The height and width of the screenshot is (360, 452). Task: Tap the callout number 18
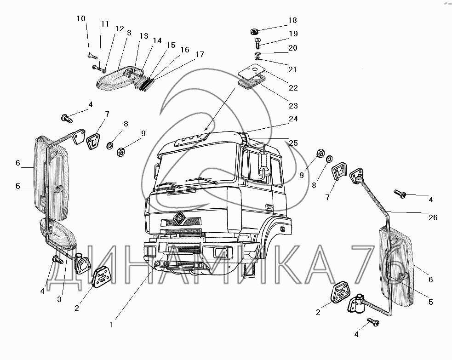[292, 21]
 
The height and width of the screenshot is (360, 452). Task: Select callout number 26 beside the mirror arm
[432, 217]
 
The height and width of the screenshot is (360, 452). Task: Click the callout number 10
[81, 19]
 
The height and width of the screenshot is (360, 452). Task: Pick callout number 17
[199, 54]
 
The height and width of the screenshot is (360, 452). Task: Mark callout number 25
[293, 143]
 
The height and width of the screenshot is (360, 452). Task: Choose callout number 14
[157, 40]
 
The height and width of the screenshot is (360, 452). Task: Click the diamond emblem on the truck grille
[179, 217]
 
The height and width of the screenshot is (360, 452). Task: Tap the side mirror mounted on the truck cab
[264, 164]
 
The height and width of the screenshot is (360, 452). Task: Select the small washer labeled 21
[257, 59]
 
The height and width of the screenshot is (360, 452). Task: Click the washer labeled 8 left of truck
[111, 146]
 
